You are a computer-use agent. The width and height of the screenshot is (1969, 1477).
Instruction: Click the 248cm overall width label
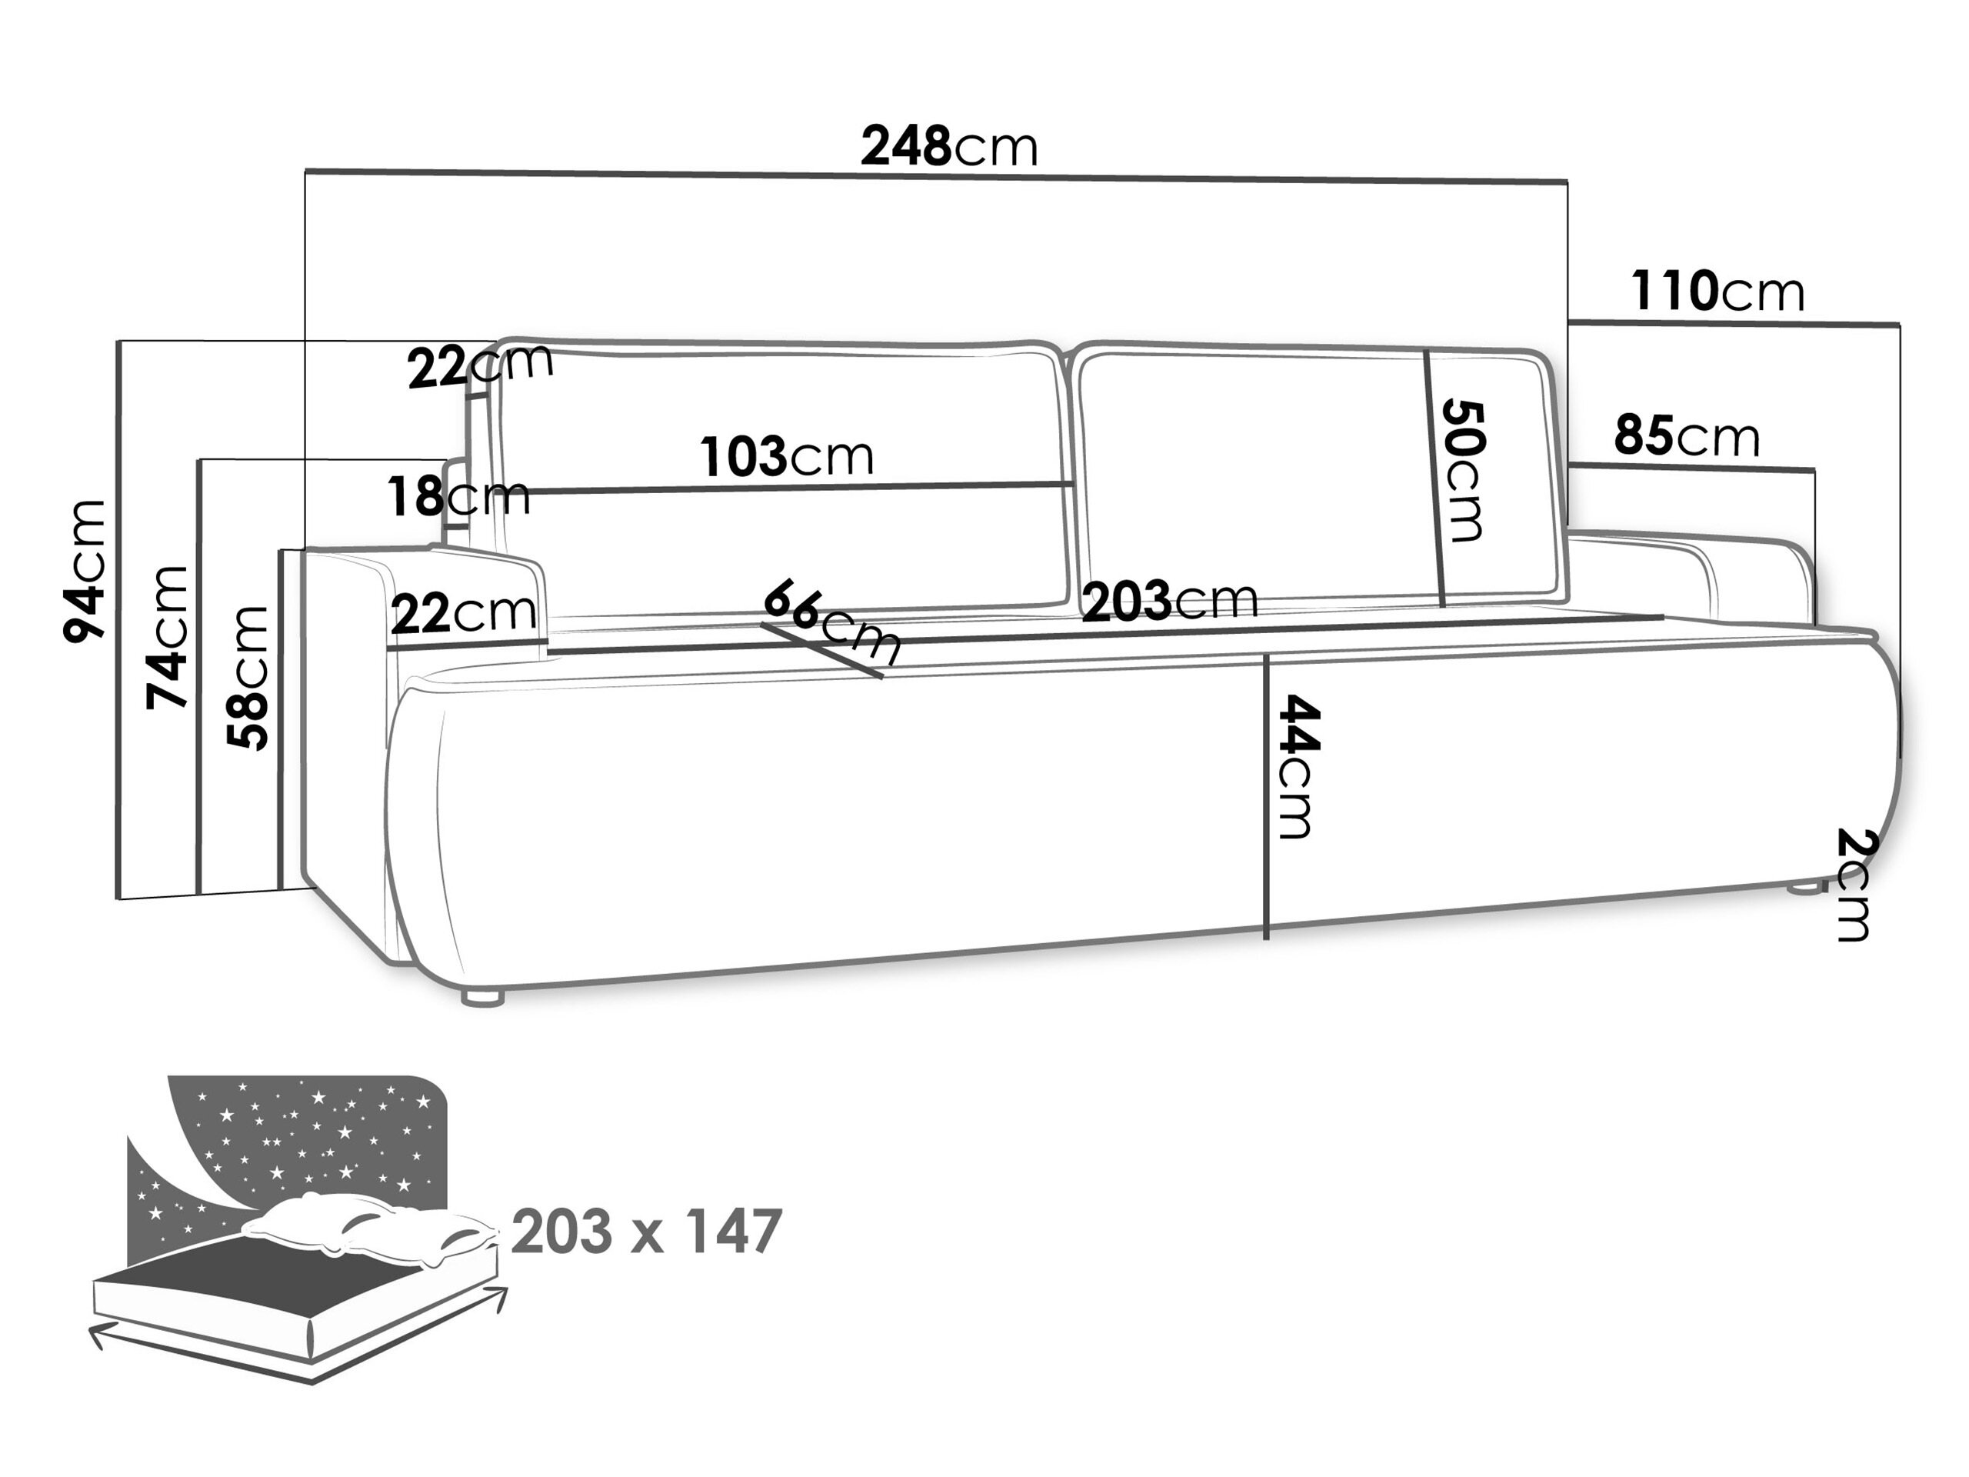[x=949, y=147]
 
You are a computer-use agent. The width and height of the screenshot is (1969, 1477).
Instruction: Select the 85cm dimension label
[x=1687, y=436]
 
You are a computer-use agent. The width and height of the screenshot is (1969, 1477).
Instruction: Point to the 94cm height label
[x=85, y=571]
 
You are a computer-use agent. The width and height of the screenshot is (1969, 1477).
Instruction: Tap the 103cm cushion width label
[x=787, y=456]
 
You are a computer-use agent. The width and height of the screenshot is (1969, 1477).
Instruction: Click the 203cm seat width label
[x=1170, y=601]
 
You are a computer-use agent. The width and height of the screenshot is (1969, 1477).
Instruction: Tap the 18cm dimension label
[x=458, y=496]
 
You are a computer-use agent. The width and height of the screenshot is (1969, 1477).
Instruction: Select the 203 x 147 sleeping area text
[x=646, y=1232]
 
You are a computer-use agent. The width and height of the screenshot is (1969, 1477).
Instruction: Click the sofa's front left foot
[x=482, y=997]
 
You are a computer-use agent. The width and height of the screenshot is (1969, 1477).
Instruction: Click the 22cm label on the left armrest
[x=463, y=613]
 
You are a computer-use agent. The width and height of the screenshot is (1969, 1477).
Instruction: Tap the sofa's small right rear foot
[x=1805, y=887]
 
